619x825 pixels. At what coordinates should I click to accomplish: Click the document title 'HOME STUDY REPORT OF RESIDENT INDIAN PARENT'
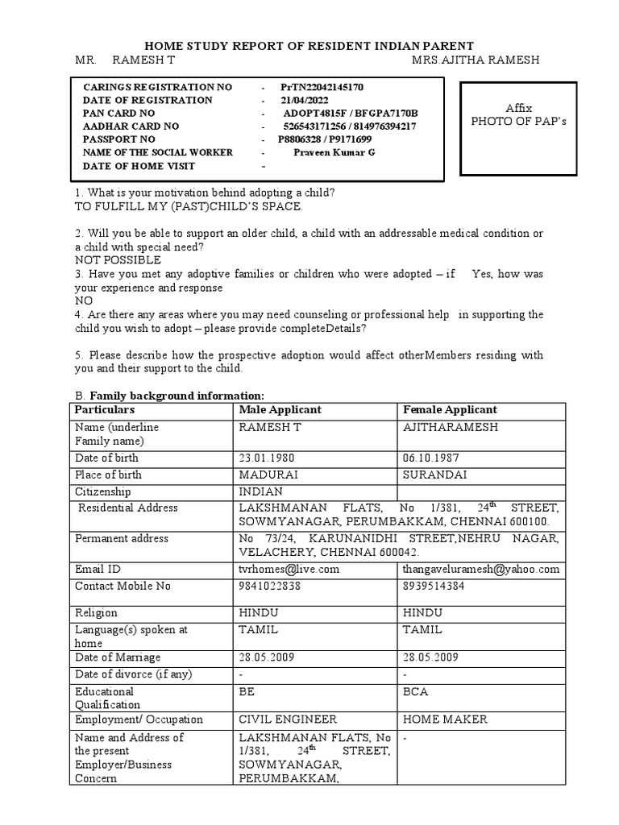tap(309, 46)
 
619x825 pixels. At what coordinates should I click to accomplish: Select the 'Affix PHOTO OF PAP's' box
tap(519, 114)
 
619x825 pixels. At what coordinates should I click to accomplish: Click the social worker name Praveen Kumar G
tap(334, 152)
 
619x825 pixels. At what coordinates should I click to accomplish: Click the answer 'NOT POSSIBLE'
tap(118, 260)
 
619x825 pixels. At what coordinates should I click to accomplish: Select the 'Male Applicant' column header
tap(280, 410)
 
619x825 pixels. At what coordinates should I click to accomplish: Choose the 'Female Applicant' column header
tap(450, 410)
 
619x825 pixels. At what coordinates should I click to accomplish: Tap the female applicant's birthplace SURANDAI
tap(434, 475)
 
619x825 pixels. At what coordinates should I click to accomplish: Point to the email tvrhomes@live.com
tap(289, 569)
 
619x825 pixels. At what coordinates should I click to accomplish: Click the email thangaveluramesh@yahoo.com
tap(480, 569)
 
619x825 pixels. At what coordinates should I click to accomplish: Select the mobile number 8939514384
tap(435, 586)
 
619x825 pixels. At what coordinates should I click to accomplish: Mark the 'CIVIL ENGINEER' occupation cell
tap(288, 719)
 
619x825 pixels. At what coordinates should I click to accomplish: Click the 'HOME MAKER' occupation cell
tap(440, 719)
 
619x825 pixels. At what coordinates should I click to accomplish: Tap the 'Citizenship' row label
tap(103, 491)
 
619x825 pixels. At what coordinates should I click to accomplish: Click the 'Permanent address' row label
tap(122, 538)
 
